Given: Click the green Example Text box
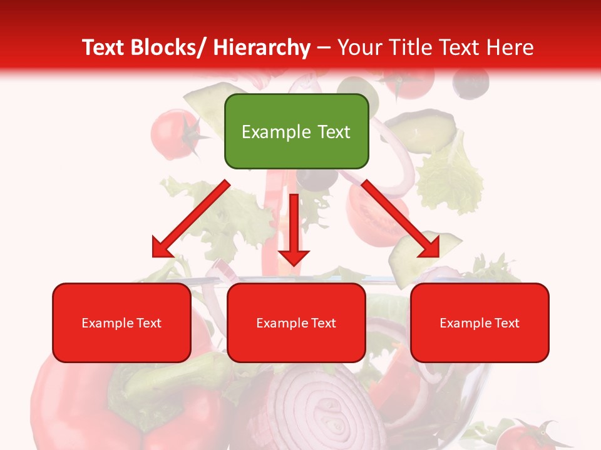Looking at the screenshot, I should coord(296,131).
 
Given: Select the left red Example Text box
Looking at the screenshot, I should coord(121,322).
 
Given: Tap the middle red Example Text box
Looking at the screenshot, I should coord(296,322).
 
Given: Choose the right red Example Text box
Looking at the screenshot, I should coord(480,322).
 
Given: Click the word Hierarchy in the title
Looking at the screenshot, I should coord(261,47).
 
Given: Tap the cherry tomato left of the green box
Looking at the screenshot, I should coord(170,133).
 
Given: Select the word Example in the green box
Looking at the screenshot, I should coord(267,132).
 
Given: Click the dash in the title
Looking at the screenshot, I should coord(324,47).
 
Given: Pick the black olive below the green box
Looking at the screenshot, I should coord(316,178).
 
